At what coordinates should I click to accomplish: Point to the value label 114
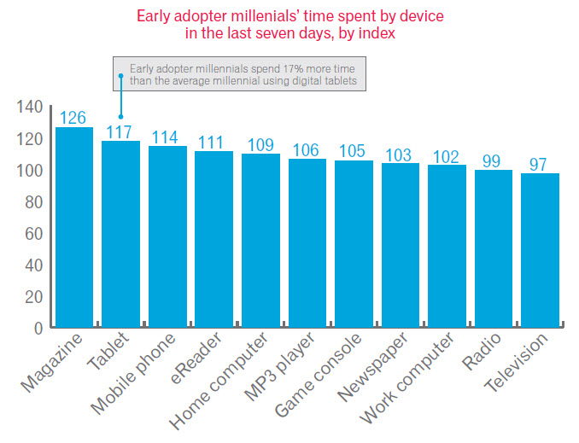[167, 137]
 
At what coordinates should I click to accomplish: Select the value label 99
[494, 160]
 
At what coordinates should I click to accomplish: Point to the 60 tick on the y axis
[32, 233]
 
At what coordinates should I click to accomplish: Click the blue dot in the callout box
[121, 75]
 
